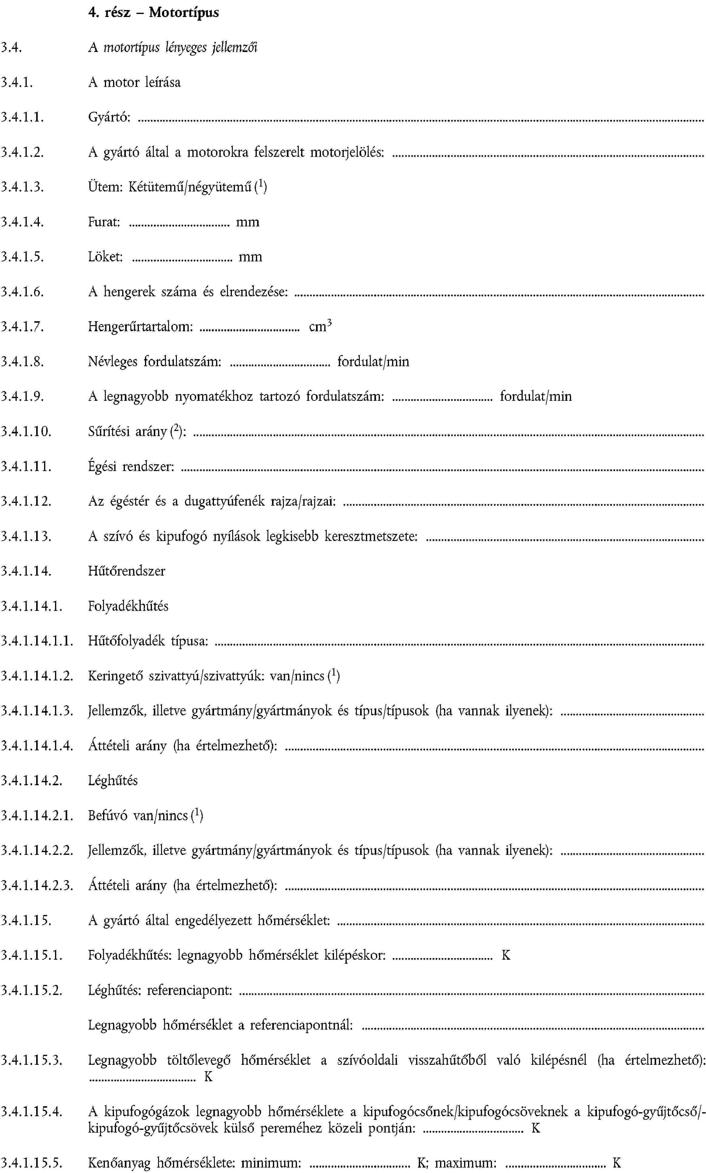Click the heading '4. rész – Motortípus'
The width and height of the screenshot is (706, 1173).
(153, 12)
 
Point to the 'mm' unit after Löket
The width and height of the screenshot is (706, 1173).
(250, 257)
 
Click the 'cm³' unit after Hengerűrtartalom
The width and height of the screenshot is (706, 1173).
(320, 326)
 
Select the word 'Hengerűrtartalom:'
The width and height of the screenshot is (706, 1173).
(140, 327)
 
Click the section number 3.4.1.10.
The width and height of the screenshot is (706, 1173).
(26, 432)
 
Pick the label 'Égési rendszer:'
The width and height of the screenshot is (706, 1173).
(131, 467)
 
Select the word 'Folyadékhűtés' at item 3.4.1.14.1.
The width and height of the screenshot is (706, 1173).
(128, 606)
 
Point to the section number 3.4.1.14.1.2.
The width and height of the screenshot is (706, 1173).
(37, 676)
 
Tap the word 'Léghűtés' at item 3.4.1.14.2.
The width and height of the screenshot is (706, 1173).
(113, 781)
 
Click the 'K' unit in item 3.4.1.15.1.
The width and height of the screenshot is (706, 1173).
(506, 955)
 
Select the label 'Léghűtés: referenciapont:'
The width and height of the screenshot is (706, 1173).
(160, 990)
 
